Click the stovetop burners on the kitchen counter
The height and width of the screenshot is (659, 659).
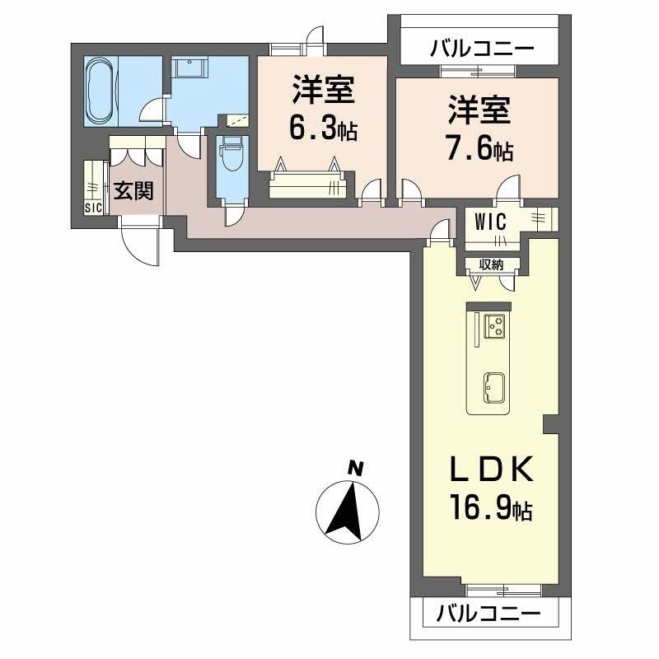coord(496,326)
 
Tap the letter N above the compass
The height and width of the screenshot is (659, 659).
coord(355,469)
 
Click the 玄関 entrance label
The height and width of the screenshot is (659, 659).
coord(133,191)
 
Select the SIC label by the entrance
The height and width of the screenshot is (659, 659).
coord(93,208)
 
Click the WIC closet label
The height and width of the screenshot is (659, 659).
coord(489,221)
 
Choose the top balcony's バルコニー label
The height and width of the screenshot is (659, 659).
coord(482,48)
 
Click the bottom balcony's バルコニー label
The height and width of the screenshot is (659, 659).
coord(488,614)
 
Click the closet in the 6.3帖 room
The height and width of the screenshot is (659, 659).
coord(305,183)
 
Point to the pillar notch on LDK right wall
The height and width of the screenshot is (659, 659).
coord(551,423)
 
